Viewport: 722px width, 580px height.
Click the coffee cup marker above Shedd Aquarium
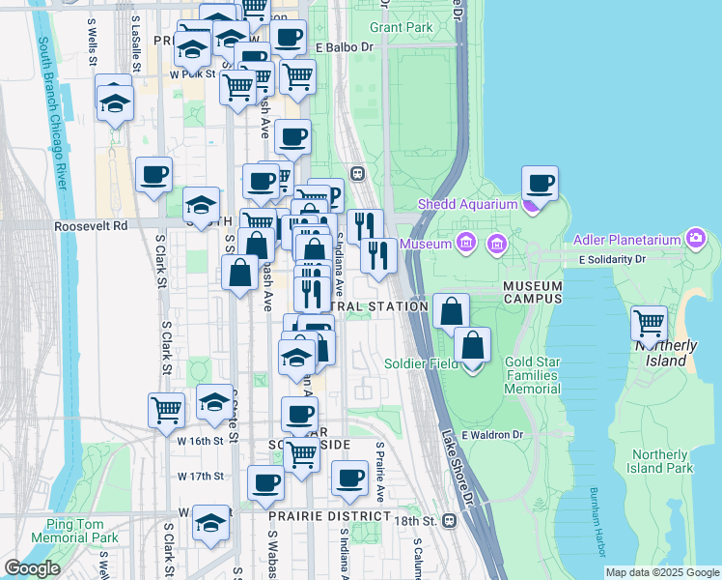point(541,184)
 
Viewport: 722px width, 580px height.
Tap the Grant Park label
point(401,27)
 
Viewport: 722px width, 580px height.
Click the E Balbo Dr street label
point(344,46)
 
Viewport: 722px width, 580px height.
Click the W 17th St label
point(201,476)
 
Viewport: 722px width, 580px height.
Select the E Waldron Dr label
point(491,435)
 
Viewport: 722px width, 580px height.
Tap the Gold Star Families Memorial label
point(532,375)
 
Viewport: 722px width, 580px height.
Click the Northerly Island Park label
point(662,461)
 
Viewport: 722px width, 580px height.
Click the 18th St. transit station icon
point(449,520)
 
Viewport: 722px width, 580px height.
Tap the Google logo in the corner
point(32,568)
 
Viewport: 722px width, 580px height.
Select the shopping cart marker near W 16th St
point(166,410)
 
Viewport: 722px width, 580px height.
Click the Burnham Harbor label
point(596,522)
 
